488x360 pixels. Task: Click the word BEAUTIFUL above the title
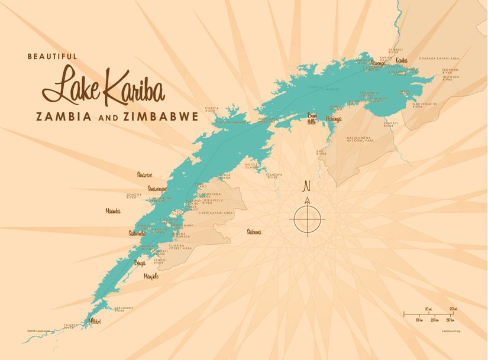(52, 56)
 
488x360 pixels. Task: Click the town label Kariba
(401, 60)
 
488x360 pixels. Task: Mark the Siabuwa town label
(254, 232)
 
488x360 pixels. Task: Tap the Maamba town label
(113, 210)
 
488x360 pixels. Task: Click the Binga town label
(140, 263)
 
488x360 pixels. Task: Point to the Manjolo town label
(151, 276)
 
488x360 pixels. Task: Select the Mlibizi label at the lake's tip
(95, 321)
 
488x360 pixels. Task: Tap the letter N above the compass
(306, 188)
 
